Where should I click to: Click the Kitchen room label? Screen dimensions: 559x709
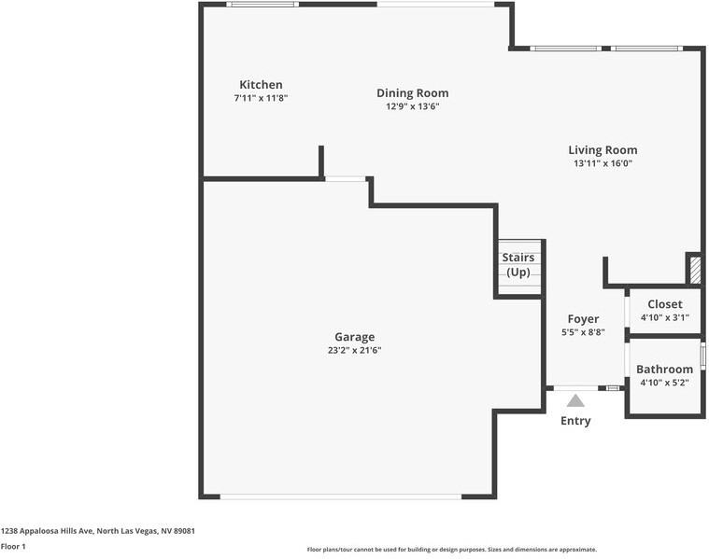tap(261, 85)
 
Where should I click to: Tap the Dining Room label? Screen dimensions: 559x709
tap(412, 93)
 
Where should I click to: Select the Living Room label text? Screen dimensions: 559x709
tap(603, 150)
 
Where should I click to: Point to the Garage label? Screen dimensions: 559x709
tap(354, 338)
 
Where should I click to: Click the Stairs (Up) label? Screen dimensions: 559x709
tap(518, 265)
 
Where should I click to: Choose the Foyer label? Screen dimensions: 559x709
tap(583, 319)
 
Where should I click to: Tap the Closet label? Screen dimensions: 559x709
tap(664, 304)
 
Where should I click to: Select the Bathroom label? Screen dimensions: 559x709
tap(664, 370)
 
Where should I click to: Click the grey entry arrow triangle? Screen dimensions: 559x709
tap(575, 400)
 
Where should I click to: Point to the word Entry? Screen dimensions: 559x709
tap(575, 421)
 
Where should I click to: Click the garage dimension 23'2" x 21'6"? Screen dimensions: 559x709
tap(354, 351)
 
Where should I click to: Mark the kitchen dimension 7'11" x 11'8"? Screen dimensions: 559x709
tap(261, 98)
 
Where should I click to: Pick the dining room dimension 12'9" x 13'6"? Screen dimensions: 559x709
tap(412, 106)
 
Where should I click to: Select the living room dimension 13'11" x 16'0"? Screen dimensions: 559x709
tap(603, 163)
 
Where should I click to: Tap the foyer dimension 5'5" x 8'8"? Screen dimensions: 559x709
tap(583, 332)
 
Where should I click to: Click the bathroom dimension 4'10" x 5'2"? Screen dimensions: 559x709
tap(664, 383)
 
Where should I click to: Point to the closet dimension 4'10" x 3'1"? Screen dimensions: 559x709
tap(664, 317)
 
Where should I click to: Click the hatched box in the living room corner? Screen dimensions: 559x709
tap(695, 270)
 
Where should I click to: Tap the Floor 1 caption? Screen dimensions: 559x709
tap(13, 547)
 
